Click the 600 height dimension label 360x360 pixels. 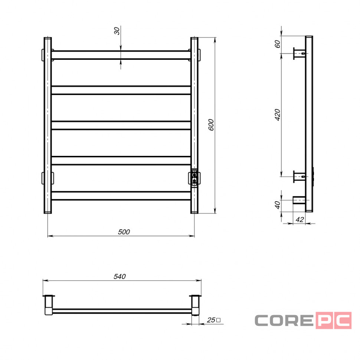[x=211, y=125]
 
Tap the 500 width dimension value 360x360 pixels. [x=124, y=232]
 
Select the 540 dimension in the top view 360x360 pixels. [x=120, y=276]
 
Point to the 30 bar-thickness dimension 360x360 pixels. [x=117, y=31]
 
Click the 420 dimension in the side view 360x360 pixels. [x=278, y=115]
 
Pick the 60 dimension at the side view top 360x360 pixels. [x=278, y=44]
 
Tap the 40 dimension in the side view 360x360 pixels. [x=278, y=205]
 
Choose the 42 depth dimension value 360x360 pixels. [x=300, y=220]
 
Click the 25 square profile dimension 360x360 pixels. [x=213, y=320]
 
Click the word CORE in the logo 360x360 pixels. [x=284, y=320]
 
